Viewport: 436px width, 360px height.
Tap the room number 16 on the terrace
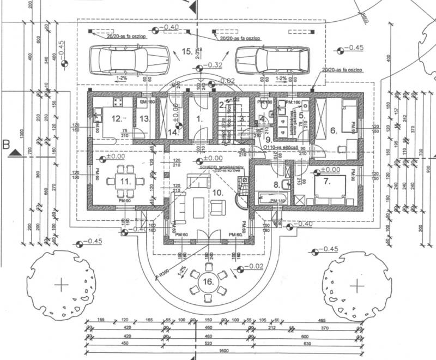point(208,282)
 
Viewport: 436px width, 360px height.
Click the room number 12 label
point(116,118)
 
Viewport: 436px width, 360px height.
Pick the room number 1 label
point(199,117)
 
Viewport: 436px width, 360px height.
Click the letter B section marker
point(7,145)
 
